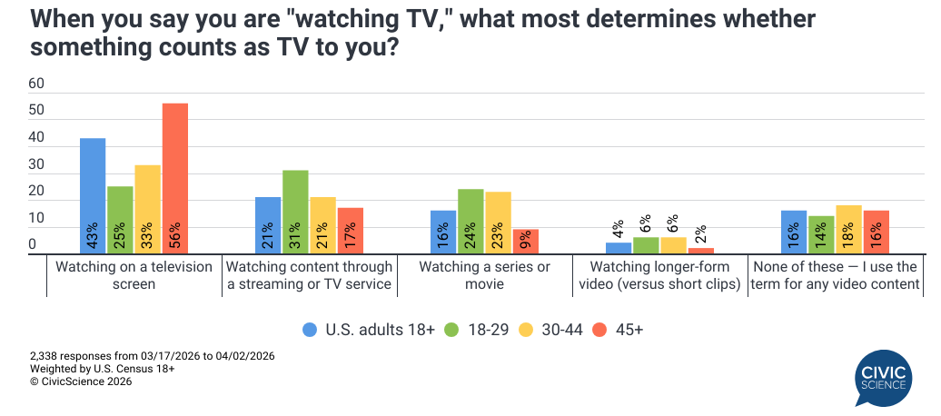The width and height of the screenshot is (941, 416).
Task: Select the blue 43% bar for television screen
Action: [x=93, y=196]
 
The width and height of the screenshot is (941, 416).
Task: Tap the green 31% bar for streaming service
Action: [x=295, y=212]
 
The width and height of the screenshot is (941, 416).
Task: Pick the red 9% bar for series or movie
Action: [x=525, y=242]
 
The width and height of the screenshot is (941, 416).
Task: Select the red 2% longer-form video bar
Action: [x=700, y=251]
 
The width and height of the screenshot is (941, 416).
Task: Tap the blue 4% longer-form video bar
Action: [x=619, y=248]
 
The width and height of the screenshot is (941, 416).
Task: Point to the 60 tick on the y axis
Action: [x=36, y=84]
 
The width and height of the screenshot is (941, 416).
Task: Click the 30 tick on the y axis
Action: [x=36, y=164]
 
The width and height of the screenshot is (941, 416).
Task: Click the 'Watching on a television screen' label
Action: [x=134, y=275]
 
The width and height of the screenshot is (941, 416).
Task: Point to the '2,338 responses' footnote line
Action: [x=152, y=357]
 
